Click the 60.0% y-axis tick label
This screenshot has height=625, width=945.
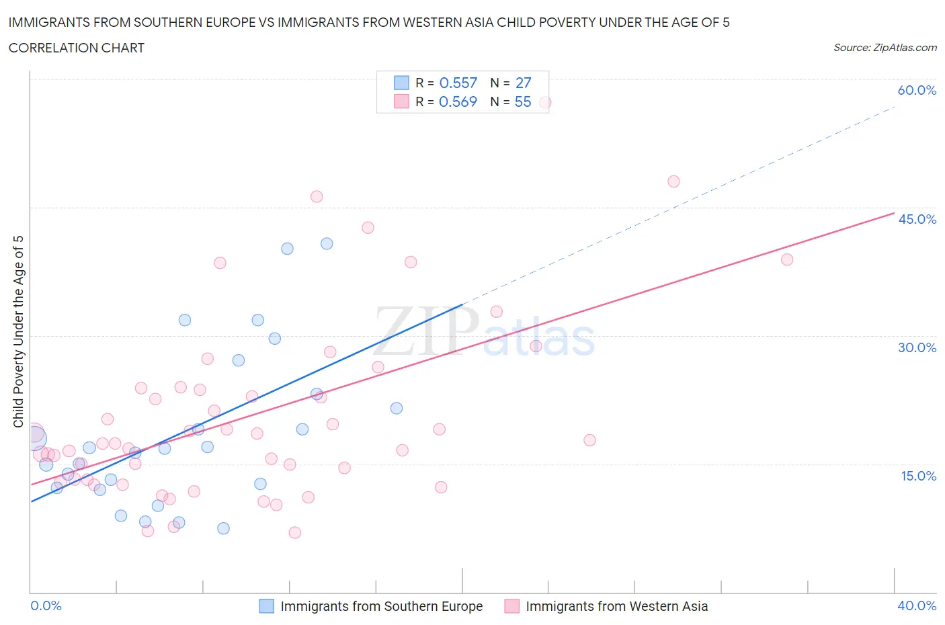[x=917, y=90]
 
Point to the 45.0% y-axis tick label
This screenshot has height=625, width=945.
[x=917, y=219]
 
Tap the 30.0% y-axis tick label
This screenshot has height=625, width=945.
[x=917, y=347]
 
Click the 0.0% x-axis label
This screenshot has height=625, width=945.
[x=46, y=606]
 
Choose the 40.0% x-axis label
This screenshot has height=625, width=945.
[x=917, y=606]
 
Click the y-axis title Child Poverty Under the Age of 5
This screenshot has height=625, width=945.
[x=18, y=331]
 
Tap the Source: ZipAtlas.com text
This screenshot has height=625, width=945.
[x=885, y=47]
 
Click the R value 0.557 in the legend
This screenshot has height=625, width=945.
[x=458, y=83]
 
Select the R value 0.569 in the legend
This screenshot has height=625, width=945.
[x=458, y=101]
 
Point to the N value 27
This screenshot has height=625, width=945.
[x=523, y=83]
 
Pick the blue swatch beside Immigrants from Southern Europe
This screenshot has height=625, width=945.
[x=266, y=606]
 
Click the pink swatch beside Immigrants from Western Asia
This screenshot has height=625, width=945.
[x=512, y=606]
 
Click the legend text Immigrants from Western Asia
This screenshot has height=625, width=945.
[x=616, y=606]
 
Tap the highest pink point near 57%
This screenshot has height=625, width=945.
[x=545, y=103]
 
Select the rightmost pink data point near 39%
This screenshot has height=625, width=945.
[x=787, y=259]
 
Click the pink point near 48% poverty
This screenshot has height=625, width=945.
[x=673, y=181]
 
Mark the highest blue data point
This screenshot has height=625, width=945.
[x=327, y=243]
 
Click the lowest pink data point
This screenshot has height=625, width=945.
[x=294, y=532]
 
